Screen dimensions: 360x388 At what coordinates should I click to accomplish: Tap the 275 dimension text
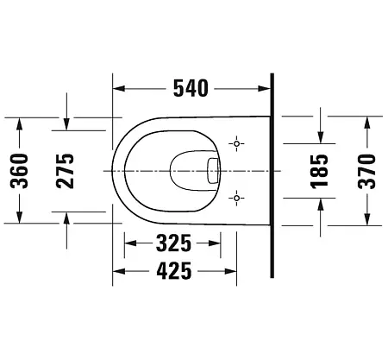tap(67, 169)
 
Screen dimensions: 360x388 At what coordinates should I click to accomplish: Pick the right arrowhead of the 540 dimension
tap(266, 87)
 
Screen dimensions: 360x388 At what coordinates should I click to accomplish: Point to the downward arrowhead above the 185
tap(320, 136)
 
